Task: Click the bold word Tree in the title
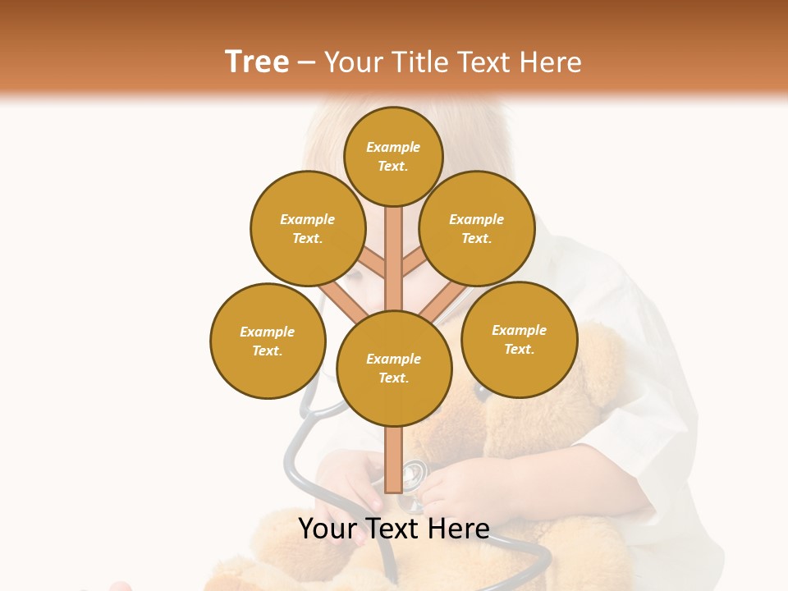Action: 257,62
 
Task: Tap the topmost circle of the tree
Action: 393,156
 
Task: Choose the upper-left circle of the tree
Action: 308,228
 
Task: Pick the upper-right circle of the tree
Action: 477,228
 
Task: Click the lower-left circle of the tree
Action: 268,341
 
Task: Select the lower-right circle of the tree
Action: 520,339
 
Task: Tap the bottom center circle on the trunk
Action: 394,369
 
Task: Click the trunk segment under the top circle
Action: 394,246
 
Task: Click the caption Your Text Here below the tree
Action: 394,529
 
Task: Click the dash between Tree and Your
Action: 307,63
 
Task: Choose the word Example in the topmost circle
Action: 393,147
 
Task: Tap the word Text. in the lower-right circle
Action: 520,349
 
